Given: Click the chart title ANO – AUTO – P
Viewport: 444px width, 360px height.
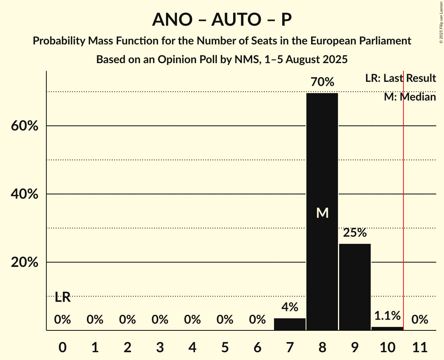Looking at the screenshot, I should [x=222, y=19].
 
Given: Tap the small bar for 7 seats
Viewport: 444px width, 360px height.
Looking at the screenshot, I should [x=290, y=324].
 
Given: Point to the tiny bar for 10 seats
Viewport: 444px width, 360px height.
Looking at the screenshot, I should [x=387, y=328].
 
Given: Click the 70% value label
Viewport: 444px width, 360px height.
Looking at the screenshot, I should [x=322, y=82].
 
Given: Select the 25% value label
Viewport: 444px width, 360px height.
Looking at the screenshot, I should [x=355, y=233].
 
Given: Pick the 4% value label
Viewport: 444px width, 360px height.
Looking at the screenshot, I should [x=290, y=307].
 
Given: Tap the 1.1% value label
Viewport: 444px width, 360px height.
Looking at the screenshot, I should [x=387, y=316].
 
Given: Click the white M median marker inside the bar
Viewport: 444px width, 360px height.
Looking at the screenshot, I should [x=322, y=213].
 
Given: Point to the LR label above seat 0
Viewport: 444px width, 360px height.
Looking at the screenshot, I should [x=62, y=298].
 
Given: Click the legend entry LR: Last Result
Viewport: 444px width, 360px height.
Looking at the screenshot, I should [x=400, y=78].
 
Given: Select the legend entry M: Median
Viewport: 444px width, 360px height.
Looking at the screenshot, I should [x=410, y=97].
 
